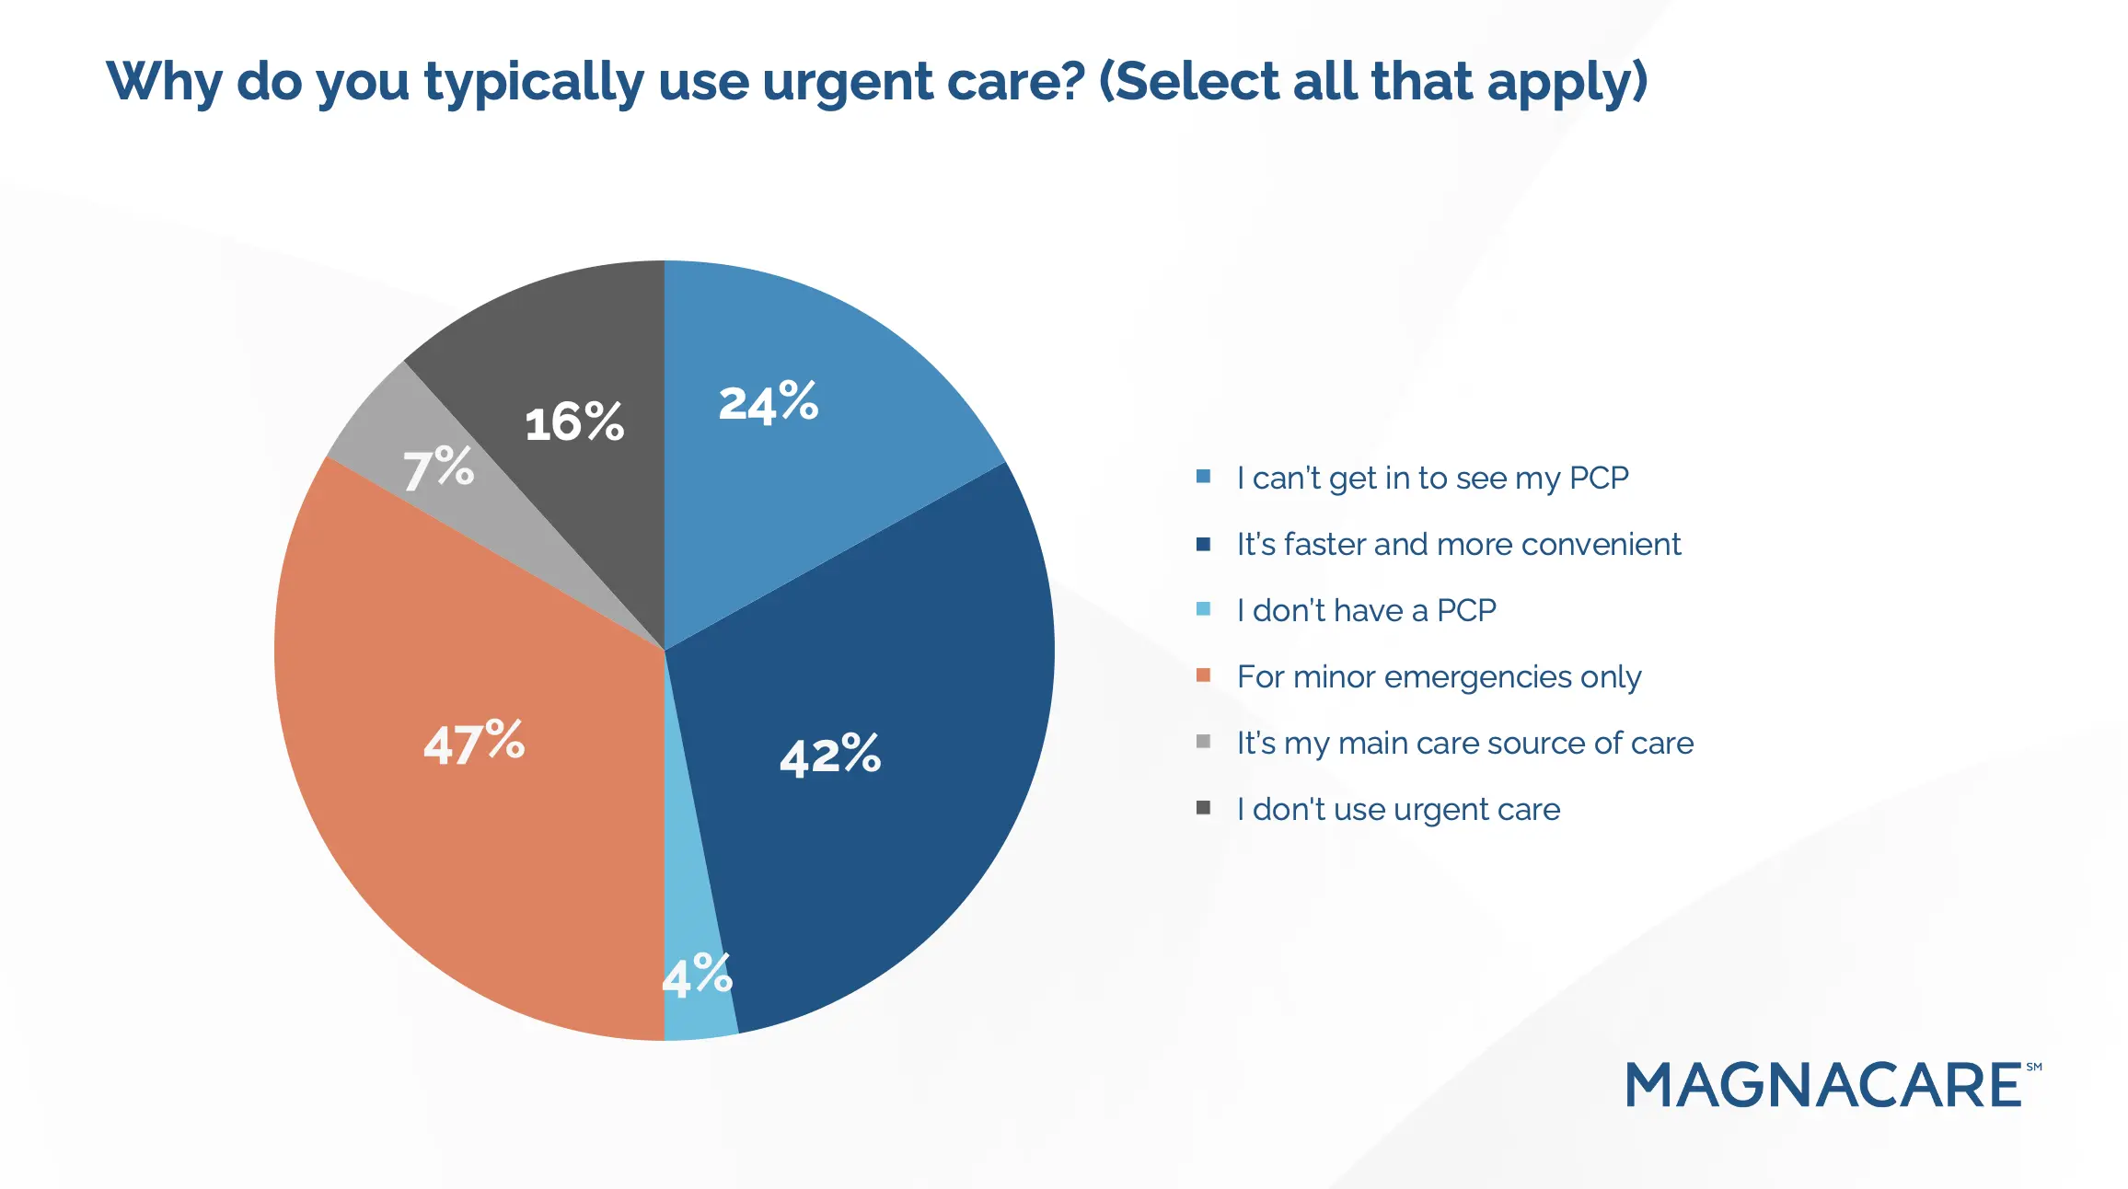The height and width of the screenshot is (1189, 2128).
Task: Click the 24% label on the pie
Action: coord(768,403)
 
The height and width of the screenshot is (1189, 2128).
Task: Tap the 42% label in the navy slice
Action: coord(829,756)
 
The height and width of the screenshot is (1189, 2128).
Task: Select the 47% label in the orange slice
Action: coord(473,742)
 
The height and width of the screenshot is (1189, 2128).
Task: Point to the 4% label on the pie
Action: coord(697,975)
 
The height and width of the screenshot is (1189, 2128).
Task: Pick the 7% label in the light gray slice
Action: coord(438,468)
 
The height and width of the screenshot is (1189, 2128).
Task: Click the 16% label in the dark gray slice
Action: coord(574,422)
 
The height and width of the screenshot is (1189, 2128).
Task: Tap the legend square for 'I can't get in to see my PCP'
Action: coord(1203,477)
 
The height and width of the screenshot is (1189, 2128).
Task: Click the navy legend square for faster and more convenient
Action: coord(1203,544)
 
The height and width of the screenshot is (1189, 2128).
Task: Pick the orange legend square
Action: coord(1203,675)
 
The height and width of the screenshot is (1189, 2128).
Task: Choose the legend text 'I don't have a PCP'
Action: coord(1366,610)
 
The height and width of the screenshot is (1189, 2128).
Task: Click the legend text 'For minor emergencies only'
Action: coord(1439,677)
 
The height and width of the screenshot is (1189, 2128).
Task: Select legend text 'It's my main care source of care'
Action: coord(1464,743)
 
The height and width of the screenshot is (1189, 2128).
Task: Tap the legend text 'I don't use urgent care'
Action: coord(1398,810)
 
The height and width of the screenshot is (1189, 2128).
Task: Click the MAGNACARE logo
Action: coord(1822,1085)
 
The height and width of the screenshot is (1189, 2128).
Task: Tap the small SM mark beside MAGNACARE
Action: coord(2033,1068)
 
